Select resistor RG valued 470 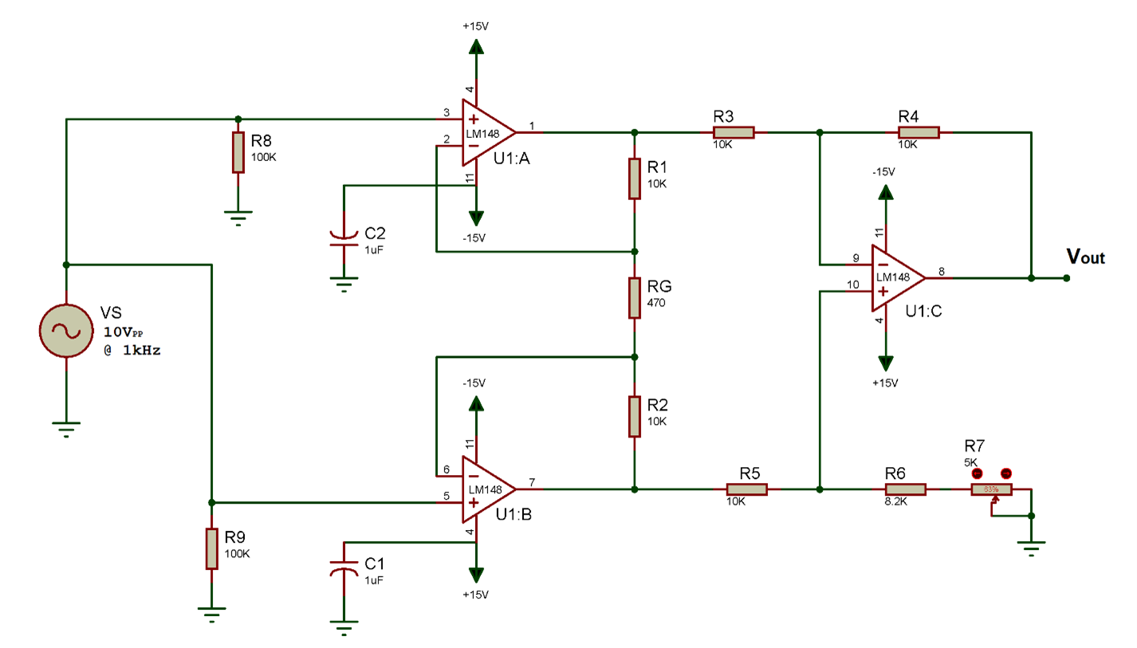635,297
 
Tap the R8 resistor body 238,152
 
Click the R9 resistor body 211,548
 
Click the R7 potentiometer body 991,489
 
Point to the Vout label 1086,257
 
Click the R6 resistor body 905,489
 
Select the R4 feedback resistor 919,132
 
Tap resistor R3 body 734,132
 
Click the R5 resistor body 746,489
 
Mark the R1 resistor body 635,179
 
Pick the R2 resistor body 635,416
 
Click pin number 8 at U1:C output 941,272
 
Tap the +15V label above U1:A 475,26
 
